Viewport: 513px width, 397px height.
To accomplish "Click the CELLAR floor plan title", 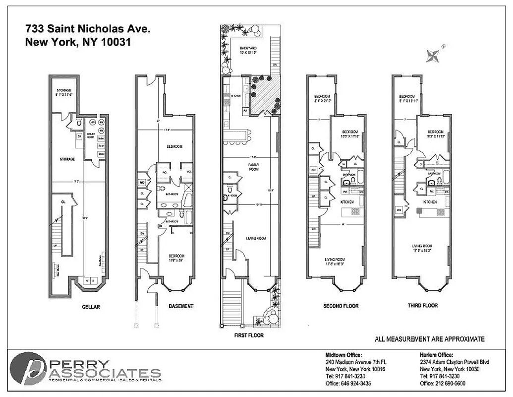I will click(91, 307).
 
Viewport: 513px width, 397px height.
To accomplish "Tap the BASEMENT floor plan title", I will click(181, 306).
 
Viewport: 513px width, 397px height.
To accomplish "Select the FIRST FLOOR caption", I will click(249, 335).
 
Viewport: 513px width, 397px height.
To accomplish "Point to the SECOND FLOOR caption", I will click(341, 306).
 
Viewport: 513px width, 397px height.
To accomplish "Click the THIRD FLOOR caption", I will click(422, 306).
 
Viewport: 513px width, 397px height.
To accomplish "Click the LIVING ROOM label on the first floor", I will click(256, 239).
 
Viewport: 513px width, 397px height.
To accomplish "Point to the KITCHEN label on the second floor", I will click(347, 202).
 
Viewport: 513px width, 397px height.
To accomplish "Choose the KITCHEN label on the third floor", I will click(429, 202).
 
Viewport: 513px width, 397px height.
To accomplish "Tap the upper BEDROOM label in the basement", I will click(174, 147).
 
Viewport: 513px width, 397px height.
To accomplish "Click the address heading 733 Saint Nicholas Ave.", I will click(87, 29).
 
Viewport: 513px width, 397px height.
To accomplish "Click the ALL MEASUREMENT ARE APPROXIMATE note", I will click(430, 339).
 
